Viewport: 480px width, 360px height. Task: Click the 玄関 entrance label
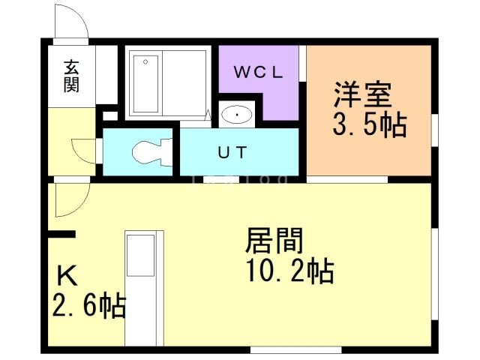click(71, 76)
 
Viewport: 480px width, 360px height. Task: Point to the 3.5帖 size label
click(370, 124)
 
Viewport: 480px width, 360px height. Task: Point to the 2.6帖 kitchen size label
click(88, 306)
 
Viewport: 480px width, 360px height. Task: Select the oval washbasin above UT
click(238, 115)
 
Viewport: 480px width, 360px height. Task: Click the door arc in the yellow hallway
click(82, 149)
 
